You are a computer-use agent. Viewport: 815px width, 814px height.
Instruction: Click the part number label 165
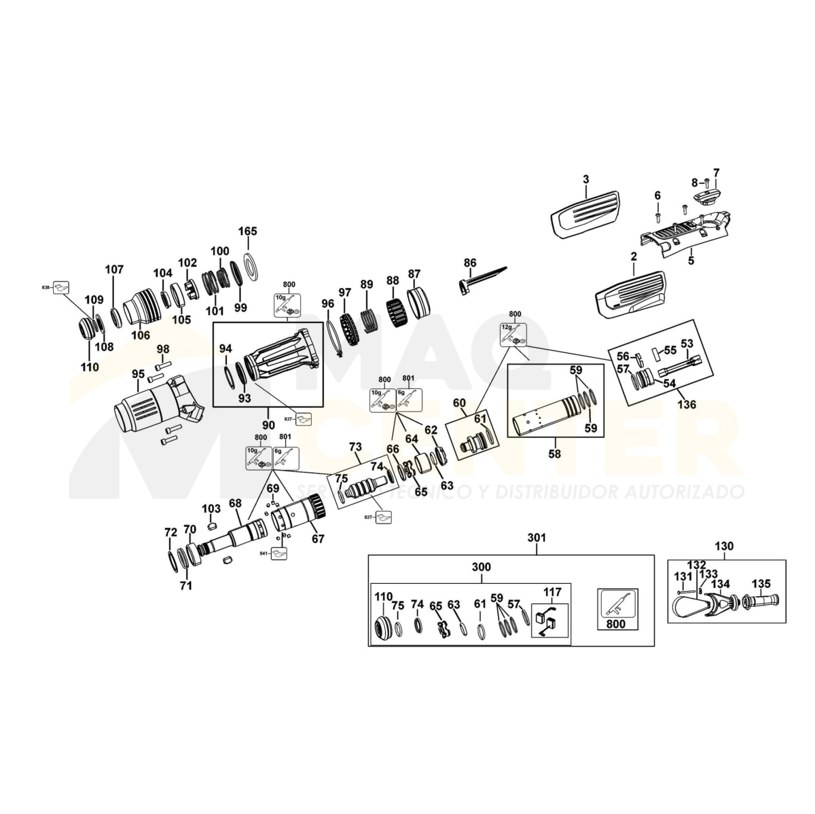(x=248, y=232)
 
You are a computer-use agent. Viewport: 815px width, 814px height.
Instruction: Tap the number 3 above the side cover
(x=585, y=179)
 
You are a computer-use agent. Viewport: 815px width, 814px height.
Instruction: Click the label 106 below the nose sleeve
(x=140, y=335)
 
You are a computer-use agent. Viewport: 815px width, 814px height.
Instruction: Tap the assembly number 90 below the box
(x=268, y=424)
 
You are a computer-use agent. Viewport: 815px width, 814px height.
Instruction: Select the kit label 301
(x=536, y=538)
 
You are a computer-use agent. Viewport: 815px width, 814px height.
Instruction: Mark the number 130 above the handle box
(x=725, y=546)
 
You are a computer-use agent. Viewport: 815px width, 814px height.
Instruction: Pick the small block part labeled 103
(x=210, y=524)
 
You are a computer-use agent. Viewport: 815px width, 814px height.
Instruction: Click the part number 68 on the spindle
(x=235, y=503)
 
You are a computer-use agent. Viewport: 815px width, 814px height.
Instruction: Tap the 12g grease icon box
(x=513, y=333)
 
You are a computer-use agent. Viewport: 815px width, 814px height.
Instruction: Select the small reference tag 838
(x=46, y=288)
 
